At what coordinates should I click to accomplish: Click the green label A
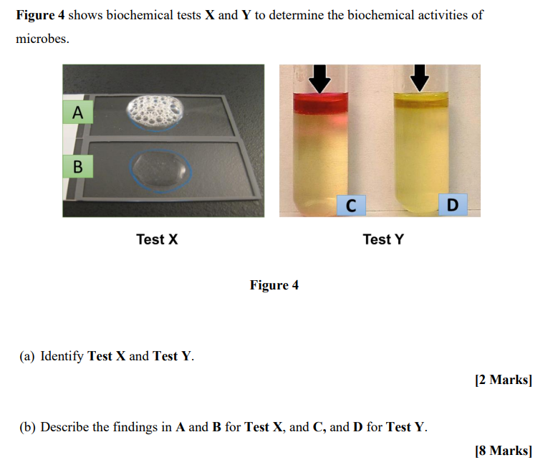pos(78,112)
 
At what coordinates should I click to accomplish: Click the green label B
pos(78,167)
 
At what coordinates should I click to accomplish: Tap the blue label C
pos(350,205)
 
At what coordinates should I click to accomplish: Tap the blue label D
pos(452,205)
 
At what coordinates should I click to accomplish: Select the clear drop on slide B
pos(160,170)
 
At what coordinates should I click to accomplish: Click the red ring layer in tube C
pos(320,104)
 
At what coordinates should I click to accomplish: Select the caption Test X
pos(157,239)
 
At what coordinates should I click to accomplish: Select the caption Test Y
pos(383,239)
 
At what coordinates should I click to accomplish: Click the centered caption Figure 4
pos(274,285)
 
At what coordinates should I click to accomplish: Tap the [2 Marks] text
pos(503,380)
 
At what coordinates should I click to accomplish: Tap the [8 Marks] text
pos(503,451)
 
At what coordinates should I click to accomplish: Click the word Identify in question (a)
pos(62,356)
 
